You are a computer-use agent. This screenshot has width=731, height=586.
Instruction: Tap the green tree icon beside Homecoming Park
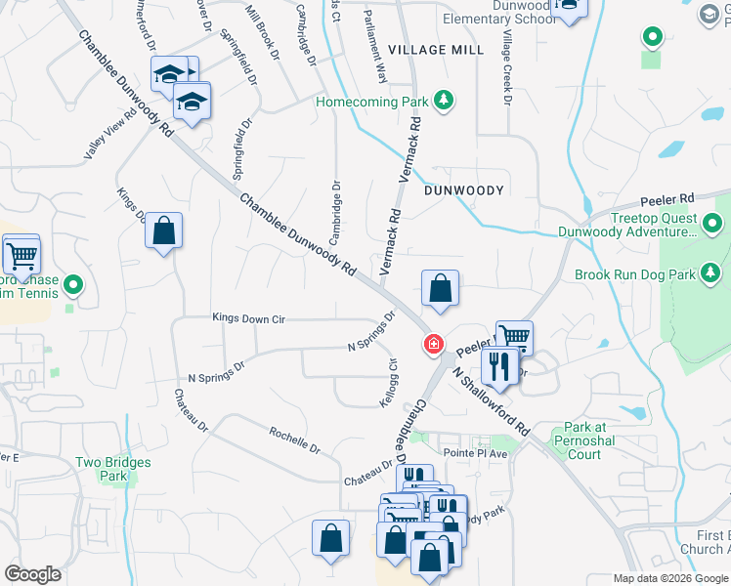[445, 100]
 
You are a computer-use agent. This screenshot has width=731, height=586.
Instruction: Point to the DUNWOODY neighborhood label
[464, 190]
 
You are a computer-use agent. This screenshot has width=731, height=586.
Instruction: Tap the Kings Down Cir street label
[248, 318]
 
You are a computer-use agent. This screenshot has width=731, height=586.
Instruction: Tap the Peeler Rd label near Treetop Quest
[666, 197]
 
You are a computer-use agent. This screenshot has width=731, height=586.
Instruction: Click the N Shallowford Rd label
[494, 400]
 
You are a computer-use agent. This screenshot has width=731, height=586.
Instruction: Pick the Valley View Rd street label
[109, 143]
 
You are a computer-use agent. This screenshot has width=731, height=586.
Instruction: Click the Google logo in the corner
[32, 574]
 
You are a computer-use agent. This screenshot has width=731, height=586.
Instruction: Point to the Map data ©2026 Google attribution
[669, 578]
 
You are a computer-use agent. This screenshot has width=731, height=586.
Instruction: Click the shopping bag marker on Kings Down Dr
[163, 232]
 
